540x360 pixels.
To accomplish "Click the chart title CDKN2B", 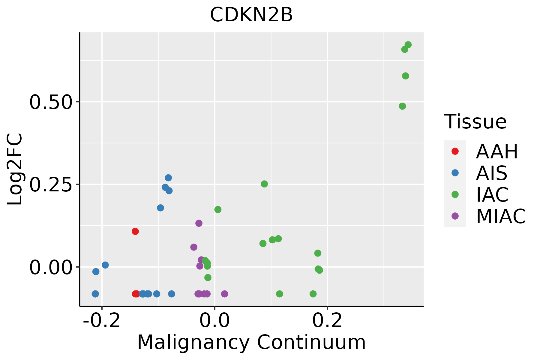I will (x=251, y=15).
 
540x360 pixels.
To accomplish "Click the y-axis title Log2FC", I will (x=15, y=169).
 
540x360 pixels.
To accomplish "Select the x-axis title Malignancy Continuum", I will (x=251, y=342).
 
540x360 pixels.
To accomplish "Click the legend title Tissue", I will (x=475, y=122).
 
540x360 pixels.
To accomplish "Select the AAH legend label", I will (x=497, y=151).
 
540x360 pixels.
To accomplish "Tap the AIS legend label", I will (x=491, y=173).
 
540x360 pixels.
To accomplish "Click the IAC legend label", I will (x=492, y=195).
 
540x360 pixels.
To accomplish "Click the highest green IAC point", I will (x=408, y=45).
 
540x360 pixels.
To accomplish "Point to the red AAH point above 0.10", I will (x=135, y=231).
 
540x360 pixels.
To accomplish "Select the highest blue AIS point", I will (x=168, y=178).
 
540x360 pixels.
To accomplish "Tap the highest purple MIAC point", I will (x=199, y=223).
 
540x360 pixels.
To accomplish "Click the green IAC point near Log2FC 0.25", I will (x=264, y=184).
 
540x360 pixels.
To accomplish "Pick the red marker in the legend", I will (x=455, y=151).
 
